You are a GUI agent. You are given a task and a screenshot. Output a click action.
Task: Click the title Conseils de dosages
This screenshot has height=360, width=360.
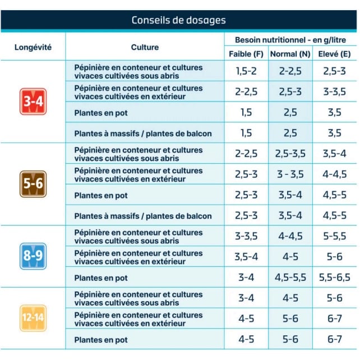pyautogui.click(x=179, y=20)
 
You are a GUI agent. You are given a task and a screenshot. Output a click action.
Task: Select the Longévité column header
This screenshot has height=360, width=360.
pyautogui.click(x=33, y=47)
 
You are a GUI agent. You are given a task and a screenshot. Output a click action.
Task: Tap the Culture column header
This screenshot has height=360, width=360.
pyautogui.click(x=145, y=47)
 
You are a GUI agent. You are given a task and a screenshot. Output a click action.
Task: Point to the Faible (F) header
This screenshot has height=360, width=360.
pyautogui.click(x=246, y=54)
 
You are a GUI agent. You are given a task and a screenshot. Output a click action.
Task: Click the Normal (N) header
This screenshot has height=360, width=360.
pyautogui.click(x=290, y=54)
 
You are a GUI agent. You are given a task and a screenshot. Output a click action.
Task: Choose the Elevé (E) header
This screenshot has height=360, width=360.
pyautogui.click(x=335, y=54)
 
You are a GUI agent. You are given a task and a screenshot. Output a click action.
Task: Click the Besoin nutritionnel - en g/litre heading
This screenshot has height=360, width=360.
pyautogui.click(x=290, y=40)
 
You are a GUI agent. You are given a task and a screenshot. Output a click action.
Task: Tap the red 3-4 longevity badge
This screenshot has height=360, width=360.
pyautogui.click(x=33, y=101)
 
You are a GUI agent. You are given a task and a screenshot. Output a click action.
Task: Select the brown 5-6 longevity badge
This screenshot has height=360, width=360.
pyautogui.click(x=33, y=184)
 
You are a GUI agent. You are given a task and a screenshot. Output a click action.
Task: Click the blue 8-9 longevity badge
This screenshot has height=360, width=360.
pyautogui.click(x=33, y=256)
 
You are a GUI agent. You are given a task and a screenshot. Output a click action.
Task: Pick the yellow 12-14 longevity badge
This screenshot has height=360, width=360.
pyautogui.click(x=33, y=318)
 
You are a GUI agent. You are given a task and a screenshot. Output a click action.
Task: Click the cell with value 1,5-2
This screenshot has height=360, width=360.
pyautogui.click(x=246, y=71)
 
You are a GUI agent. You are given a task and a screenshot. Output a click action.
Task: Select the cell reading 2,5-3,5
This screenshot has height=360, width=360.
pyautogui.click(x=290, y=154)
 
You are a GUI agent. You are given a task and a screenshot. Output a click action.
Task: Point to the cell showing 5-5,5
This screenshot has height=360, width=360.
pyautogui.click(x=335, y=236)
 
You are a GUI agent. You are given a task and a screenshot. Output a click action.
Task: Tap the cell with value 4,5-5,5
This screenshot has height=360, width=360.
pyautogui.click(x=290, y=278)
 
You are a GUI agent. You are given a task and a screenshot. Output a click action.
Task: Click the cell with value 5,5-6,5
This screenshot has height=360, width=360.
pyautogui.click(x=335, y=278)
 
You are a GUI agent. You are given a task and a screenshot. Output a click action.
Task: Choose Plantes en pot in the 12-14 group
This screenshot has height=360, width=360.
pyautogui.click(x=101, y=340)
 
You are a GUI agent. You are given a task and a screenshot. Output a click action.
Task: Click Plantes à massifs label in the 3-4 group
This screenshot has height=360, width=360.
pyautogui.click(x=143, y=133)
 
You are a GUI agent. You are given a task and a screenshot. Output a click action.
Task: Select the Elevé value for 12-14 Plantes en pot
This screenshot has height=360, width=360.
pyautogui.click(x=335, y=339)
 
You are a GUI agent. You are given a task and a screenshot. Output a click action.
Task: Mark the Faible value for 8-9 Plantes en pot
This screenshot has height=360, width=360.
pyautogui.click(x=246, y=278)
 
